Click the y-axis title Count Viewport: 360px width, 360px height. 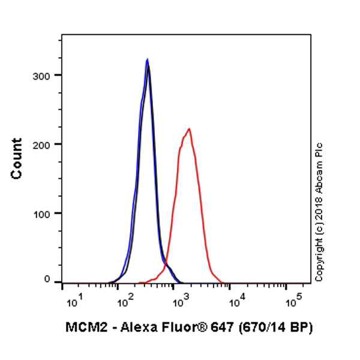tap(17, 158)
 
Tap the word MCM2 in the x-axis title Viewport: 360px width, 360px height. tap(82, 328)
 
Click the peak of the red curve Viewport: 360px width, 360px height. tap(190, 128)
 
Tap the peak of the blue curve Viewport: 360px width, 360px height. tap(147, 59)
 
